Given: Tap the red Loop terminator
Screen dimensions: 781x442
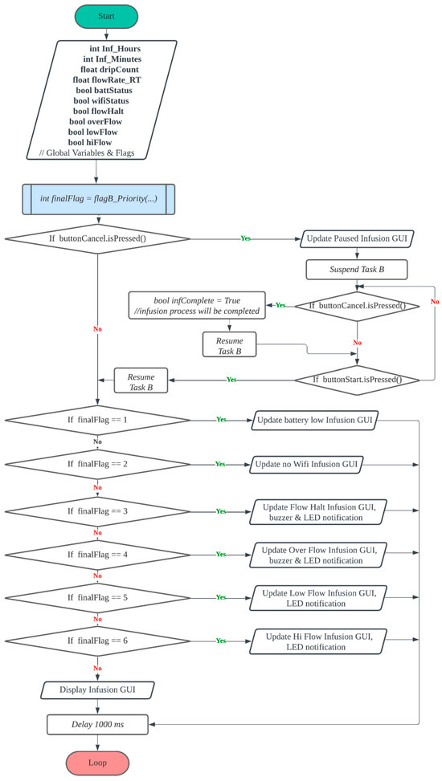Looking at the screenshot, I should coord(96,762).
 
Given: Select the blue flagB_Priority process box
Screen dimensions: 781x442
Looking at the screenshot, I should coord(96,197).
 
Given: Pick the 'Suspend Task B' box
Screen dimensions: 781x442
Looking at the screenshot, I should coord(356,269).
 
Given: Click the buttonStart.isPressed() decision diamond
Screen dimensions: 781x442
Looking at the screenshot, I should coord(356,378).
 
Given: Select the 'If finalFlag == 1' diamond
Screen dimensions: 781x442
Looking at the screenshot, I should coord(96,419).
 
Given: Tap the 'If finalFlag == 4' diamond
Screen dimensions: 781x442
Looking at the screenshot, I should coord(96,555).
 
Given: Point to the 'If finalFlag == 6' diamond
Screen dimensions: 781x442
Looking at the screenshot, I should coord(96,641).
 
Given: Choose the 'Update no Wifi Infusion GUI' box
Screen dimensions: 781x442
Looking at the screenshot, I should coord(305,464).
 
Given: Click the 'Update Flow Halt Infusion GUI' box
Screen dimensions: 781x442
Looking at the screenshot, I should coord(322,510).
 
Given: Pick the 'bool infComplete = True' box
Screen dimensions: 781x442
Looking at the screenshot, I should coord(197,305).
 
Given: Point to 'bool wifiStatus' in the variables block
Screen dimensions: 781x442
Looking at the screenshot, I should coord(100,102).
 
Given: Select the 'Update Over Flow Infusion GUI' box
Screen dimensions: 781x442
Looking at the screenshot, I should coord(322,555).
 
